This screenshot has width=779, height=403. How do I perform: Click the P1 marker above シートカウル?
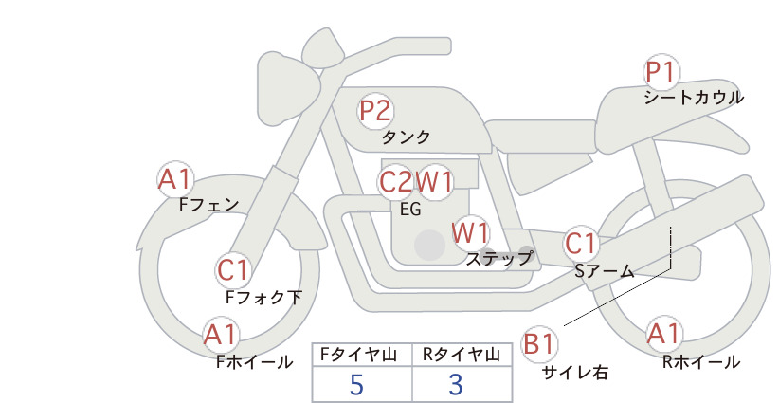pyautogui.click(x=661, y=72)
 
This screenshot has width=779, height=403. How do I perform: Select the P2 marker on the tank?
pyautogui.click(x=375, y=111)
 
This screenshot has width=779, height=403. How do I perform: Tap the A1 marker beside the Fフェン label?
pyautogui.click(x=175, y=179)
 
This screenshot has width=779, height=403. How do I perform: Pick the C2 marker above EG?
pyautogui.click(x=396, y=182)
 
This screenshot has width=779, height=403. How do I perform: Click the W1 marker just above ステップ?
pyautogui.click(x=470, y=232)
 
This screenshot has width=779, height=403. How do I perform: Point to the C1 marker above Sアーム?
pyautogui.click(x=580, y=244)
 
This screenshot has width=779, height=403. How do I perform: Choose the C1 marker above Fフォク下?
pyautogui.click(x=232, y=271)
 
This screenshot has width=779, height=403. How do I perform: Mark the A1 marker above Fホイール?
pyautogui.click(x=221, y=335)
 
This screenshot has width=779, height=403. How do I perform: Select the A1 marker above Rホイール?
pyautogui.click(x=663, y=334)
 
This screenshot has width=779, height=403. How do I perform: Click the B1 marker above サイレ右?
pyautogui.click(x=539, y=344)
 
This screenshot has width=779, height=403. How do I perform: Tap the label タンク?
pyautogui.click(x=406, y=137)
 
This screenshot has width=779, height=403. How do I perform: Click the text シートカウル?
pyautogui.click(x=694, y=98)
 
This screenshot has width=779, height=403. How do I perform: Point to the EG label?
pyautogui.click(x=410, y=210)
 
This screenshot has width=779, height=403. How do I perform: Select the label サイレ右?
pyautogui.click(x=575, y=373)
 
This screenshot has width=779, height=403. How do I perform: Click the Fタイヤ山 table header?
pyautogui.click(x=358, y=355)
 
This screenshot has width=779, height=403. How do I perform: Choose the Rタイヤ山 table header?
pyautogui.click(x=461, y=355)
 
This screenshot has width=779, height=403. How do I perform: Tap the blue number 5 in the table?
pyautogui.click(x=356, y=385)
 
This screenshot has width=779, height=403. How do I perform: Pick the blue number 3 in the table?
pyautogui.click(x=456, y=385)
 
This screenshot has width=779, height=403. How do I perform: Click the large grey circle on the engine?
pyautogui.click(x=429, y=245)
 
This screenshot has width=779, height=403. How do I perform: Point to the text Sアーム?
pyautogui.click(x=605, y=271)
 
